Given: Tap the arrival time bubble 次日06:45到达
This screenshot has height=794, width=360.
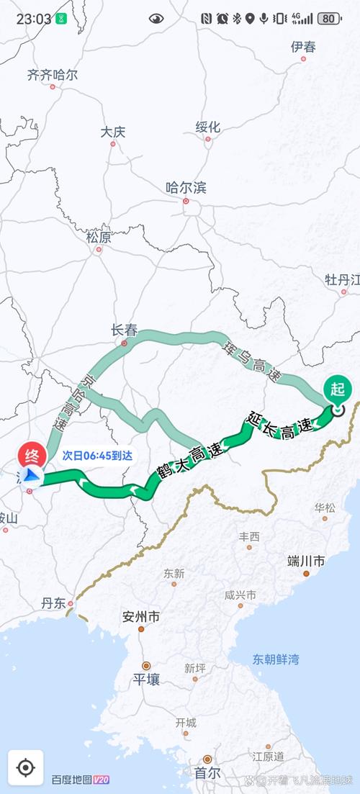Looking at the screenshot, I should tap(97, 456).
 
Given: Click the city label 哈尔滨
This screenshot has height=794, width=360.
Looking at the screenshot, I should tap(186, 188).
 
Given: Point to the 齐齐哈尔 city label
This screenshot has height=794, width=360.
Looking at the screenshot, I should tap(52, 75).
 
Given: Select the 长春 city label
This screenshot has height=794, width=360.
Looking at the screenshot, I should tap(124, 330).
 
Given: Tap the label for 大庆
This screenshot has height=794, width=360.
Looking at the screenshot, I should tap(113, 132).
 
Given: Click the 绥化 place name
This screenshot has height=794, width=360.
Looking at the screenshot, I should tap(207, 127).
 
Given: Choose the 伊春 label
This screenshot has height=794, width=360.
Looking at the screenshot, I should tap(303, 48).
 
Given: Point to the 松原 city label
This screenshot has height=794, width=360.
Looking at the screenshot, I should tap(99, 237).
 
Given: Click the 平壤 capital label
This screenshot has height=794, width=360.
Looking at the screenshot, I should tap(146, 679).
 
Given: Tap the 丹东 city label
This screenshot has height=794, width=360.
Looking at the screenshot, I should tap(54, 603).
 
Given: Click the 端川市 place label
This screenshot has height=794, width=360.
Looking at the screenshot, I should tap(305, 561).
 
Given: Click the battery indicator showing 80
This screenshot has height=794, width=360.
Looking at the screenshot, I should tap(329, 19).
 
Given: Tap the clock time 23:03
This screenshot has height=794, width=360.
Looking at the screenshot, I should tap(33, 19).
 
